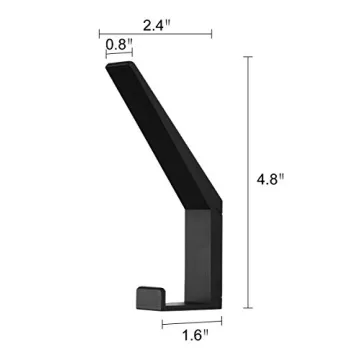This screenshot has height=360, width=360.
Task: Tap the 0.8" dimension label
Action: [x=116, y=44]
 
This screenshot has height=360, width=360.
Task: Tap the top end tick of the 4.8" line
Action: [x=249, y=58]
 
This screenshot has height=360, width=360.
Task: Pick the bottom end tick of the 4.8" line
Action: [x=249, y=306]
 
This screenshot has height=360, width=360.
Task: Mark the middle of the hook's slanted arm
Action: [x=160, y=135]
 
